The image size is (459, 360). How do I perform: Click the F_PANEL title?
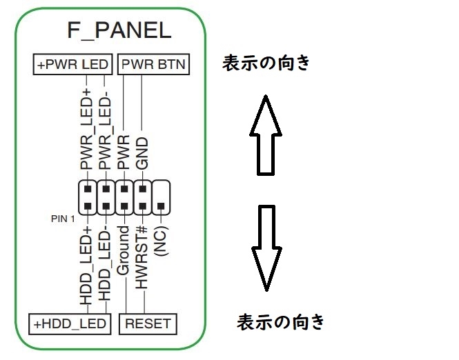click(119, 31)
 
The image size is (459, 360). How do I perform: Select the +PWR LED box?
click(72, 65)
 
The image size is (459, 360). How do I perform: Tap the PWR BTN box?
click(153, 65)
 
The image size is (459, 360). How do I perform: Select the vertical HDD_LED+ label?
click(87, 266)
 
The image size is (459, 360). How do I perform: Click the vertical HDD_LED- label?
click(106, 266)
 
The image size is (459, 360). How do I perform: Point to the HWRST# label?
click(143, 259)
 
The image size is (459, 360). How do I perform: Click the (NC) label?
click(162, 241)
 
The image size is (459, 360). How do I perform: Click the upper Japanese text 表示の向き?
click(266, 64)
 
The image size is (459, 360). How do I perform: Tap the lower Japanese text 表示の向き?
click(281, 321)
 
